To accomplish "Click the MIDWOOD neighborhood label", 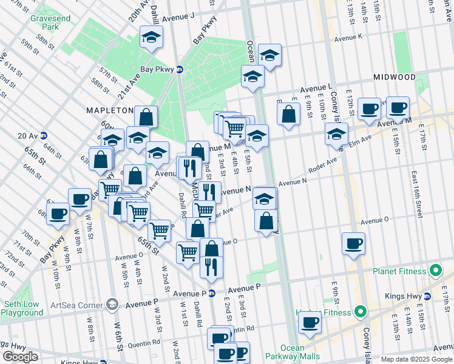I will pyautogui.click(x=395, y=78).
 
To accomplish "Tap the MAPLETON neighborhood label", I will pyautogui.click(x=109, y=110).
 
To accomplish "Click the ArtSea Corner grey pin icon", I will pyautogui.click(x=111, y=303).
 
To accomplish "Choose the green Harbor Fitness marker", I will pyautogui.click(x=360, y=312).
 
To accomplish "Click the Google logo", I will pyautogui.click(x=20, y=357).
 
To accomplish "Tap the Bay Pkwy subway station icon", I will pyautogui.click(x=180, y=69).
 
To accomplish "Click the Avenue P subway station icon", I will pyautogui.click(x=212, y=294).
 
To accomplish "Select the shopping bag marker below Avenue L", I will pyautogui.click(x=290, y=113).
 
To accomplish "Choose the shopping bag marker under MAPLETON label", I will pyautogui.click(x=146, y=116).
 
